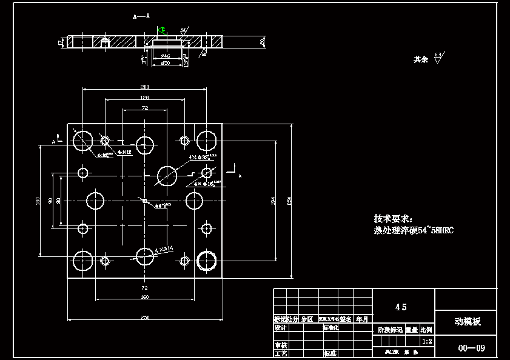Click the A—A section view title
pos(141,17)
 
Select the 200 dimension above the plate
pos(145,87)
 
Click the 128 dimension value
pos(145,98)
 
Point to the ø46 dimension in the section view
pos(165,56)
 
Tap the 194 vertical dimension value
pos(273,200)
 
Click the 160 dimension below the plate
pos(145,297)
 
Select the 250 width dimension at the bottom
pos(145,317)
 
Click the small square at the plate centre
pos(145,201)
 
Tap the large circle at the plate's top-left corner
pos(82,141)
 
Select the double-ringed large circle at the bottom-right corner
pos(207,260)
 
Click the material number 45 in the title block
pos(401,307)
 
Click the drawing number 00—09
pos(471,348)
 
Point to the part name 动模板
pos(468,322)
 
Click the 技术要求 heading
pos(393,218)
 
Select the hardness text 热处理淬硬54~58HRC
pos(414,230)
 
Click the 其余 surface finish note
pos(421,59)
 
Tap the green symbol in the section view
pos(161,29)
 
